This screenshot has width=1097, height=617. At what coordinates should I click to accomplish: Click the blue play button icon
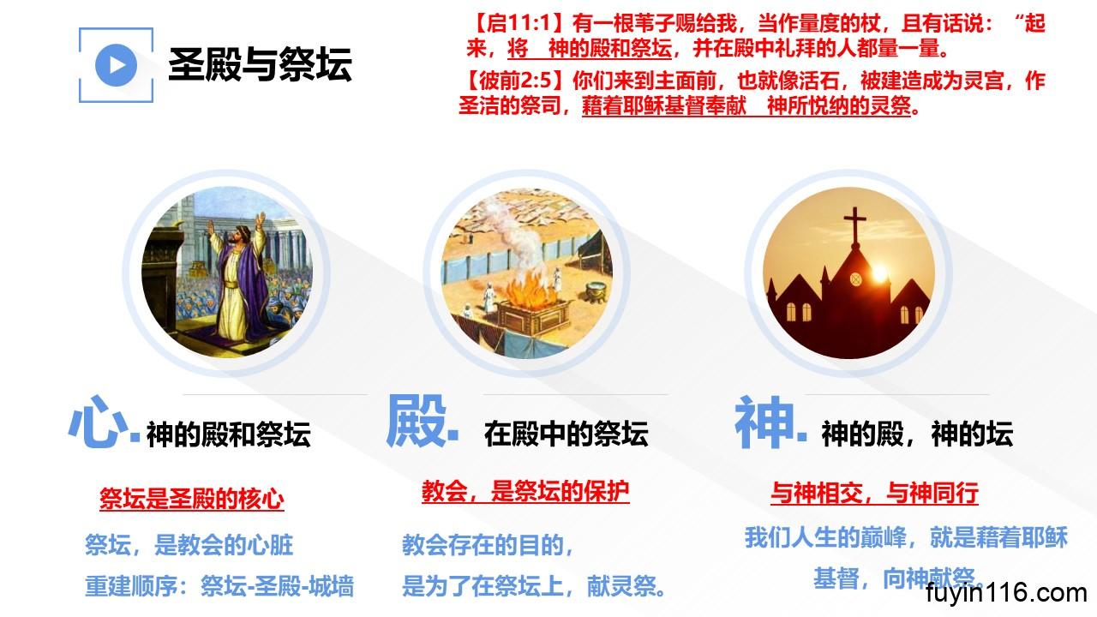point(116,65)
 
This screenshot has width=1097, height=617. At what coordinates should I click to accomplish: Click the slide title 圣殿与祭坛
point(260,64)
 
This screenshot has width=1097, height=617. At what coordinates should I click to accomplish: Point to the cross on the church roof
point(855,225)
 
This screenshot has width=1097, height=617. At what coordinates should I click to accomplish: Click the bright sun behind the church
point(880,273)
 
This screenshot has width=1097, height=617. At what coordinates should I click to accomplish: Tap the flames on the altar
point(531,291)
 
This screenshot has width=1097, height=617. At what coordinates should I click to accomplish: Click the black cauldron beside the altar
point(596,292)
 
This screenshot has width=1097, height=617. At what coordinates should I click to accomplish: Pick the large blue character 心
point(98,422)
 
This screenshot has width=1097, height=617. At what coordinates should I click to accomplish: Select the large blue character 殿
point(417,421)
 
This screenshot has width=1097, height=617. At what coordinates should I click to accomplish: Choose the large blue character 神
point(764,422)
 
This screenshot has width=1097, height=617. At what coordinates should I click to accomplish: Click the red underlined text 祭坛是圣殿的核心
point(192,499)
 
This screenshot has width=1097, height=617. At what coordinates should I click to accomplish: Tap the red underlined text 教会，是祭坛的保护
point(525,491)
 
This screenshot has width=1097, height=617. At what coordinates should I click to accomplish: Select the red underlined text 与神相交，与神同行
point(875,493)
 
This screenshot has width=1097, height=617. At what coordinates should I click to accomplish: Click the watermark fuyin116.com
point(1006,593)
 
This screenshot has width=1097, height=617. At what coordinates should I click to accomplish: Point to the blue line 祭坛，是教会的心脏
point(189,545)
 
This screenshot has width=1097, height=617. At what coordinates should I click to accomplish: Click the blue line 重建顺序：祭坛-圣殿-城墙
point(219,586)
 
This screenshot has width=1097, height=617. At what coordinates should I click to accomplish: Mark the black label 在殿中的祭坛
point(566,434)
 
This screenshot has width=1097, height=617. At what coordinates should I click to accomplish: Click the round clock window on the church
point(855,279)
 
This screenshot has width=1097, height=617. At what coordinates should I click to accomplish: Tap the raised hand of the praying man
point(211,227)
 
